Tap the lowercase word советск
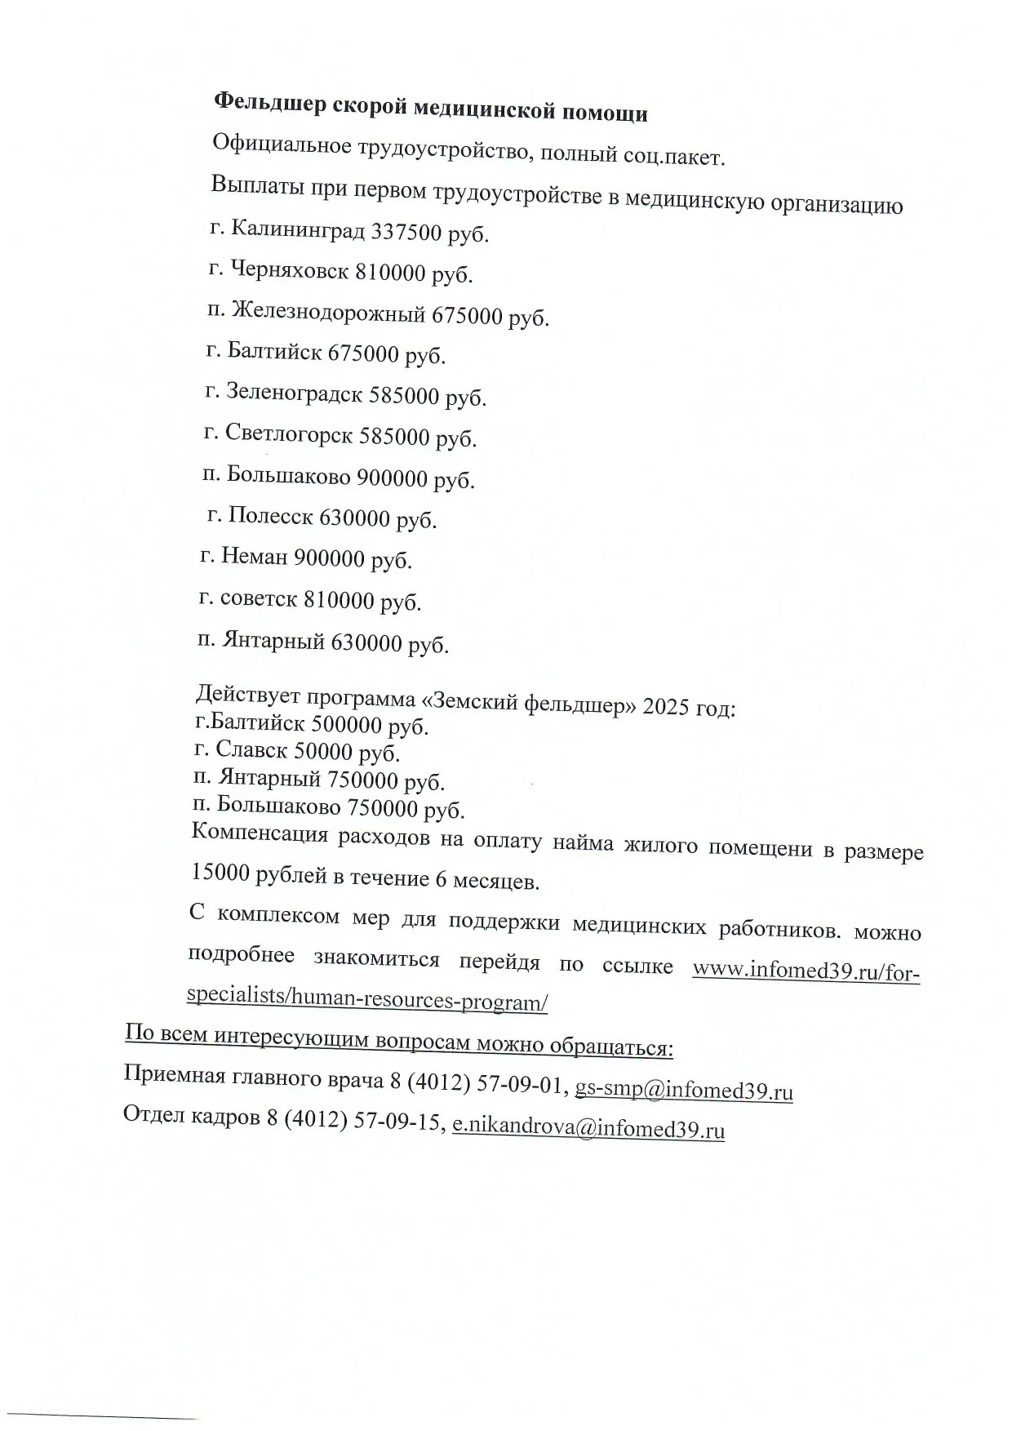[258, 599]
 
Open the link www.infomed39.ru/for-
[806, 971]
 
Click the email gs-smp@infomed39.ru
[684, 1090]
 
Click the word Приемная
[174, 1075]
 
